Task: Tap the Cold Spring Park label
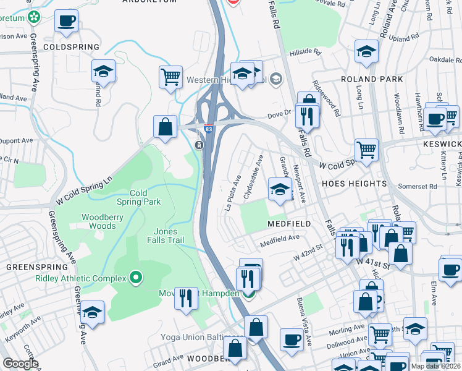(138, 197)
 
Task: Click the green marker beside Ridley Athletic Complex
(135, 279)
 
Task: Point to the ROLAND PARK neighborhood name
(372, 80)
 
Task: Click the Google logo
(20, 364)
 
